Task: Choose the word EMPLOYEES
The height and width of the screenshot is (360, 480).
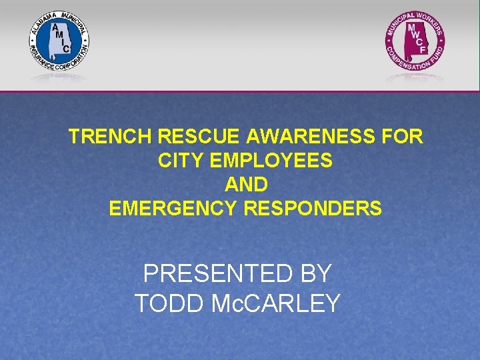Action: tap(269, 161)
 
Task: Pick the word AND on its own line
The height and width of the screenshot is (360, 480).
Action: tap(246, 185)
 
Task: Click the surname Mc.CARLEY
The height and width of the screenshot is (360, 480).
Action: tap(275, 303)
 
